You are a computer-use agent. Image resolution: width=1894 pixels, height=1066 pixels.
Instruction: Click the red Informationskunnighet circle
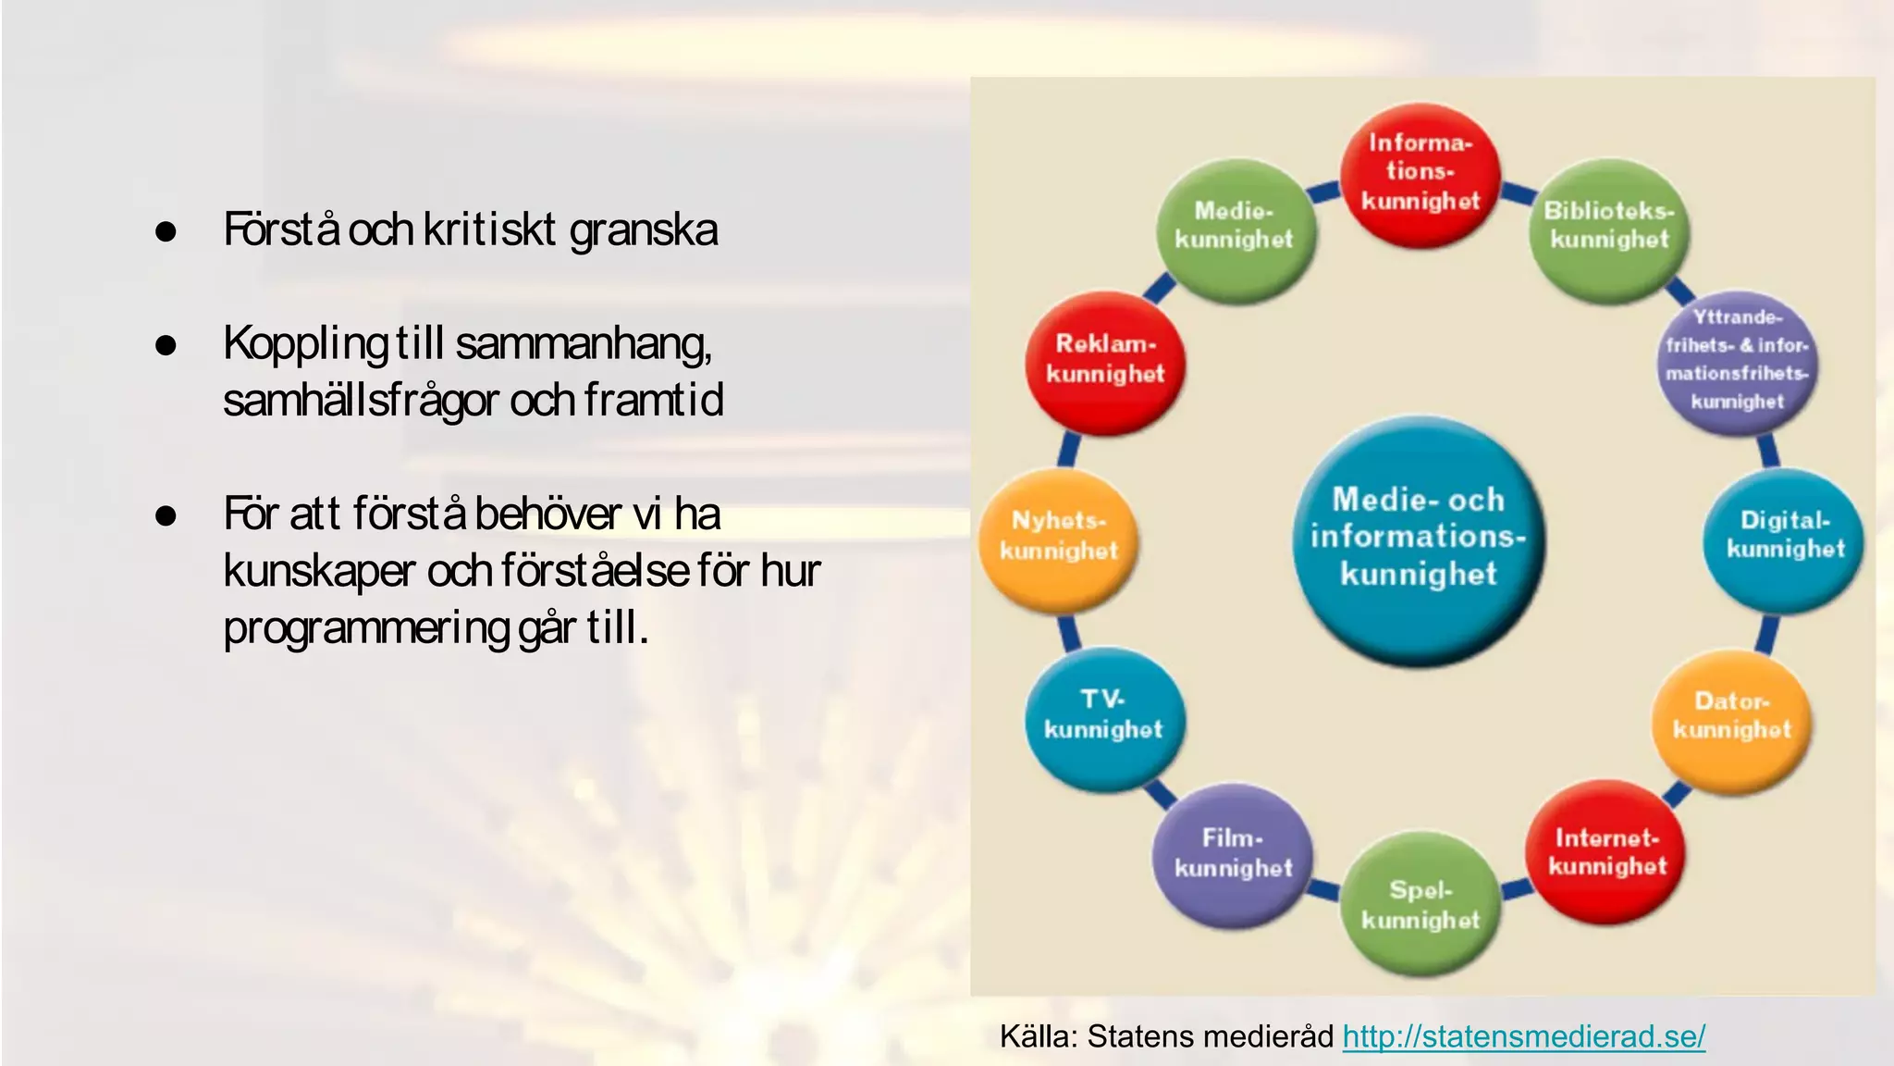[1420, 173]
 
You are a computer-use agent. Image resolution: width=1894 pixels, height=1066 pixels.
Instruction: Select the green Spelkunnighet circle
[1420, 905]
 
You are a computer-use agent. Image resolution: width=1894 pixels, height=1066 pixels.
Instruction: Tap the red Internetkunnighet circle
[1607, 852]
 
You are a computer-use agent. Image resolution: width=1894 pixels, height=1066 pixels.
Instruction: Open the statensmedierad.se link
[1523, 1036]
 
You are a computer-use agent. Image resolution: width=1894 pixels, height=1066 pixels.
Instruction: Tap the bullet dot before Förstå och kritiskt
[166, 231]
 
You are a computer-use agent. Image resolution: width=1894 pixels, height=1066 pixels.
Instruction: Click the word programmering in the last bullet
[366, 629]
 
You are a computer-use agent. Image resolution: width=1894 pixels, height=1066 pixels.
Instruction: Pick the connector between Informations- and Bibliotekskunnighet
[1517, 192]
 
